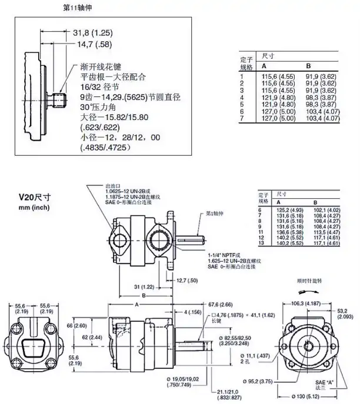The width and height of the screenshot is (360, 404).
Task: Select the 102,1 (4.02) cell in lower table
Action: [x=327, y=210]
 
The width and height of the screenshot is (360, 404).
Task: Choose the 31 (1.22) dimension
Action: [x=131, y=286]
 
